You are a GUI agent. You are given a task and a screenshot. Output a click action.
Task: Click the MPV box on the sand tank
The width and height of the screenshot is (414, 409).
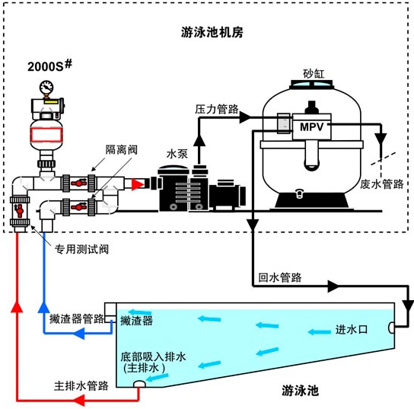point(311,126)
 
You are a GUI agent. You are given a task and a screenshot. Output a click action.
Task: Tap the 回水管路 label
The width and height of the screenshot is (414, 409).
point(276,278)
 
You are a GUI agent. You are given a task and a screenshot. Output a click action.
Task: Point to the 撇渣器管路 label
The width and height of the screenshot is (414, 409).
point(75,318)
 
